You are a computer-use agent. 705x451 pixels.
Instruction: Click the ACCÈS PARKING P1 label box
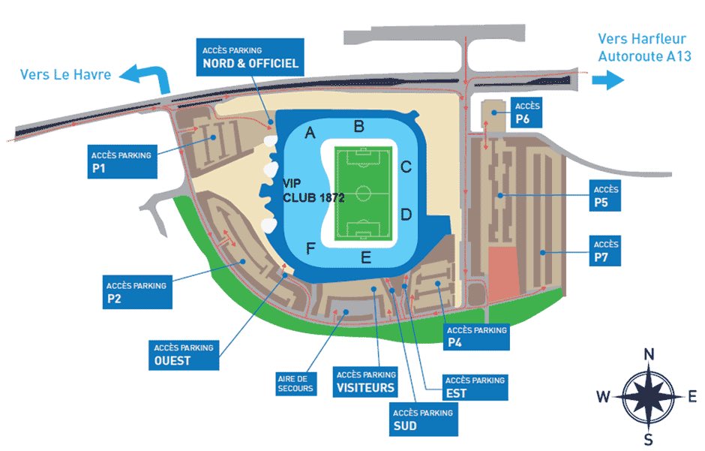(121, 162)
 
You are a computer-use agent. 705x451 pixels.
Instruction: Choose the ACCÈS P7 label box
(605, 251)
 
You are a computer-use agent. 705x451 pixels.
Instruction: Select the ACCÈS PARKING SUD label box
(422, 419)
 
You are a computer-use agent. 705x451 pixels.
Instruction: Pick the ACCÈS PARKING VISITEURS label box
(366, 381)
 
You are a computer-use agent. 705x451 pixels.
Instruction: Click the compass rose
(649, 396)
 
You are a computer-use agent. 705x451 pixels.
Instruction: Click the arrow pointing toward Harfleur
(608, 80)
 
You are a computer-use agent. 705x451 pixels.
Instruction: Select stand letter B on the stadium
(359, 126)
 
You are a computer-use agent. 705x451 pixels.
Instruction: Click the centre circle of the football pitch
(364, 194)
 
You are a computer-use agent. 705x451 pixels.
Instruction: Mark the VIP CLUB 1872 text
(313, 191)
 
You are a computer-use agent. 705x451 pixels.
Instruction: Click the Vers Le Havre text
(66, 74)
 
